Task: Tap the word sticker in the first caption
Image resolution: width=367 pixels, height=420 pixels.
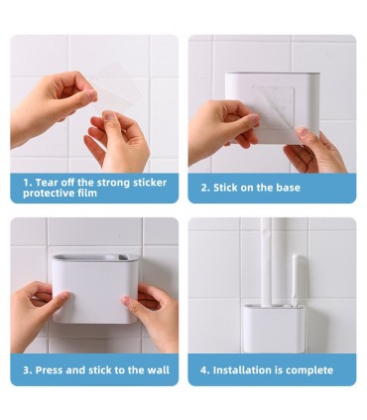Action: pyautogui.click(x=150, y=183)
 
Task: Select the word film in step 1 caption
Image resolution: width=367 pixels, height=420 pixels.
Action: pyautogui.click(x=87, y=193)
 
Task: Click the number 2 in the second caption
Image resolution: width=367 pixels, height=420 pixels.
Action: pyautogui.click(x=204, y=188)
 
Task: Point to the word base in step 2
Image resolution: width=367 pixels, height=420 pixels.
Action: pyautogui.click(x=289, y=188)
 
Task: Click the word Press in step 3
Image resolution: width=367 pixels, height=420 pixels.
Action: pyautogui.click(x=49, y=370)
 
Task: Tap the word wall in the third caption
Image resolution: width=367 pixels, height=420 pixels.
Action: pyautogui.click(x=159, y=370)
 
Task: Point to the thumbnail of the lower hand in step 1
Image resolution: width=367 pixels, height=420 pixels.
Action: pyautogui.click(x=110, y=116)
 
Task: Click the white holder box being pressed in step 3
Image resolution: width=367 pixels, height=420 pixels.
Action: pyautogui.click(x=95, y=289)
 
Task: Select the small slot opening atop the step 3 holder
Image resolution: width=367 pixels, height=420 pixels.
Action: pyautogui.click(x=123, y=257)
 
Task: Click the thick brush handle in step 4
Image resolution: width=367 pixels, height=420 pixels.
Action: pyautogui.click(x=267, y=262)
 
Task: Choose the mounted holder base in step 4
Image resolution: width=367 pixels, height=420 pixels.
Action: pyautogui.click(x=274, y=329)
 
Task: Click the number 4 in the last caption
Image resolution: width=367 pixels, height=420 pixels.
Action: pyautogui.click(x=204, y=370)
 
